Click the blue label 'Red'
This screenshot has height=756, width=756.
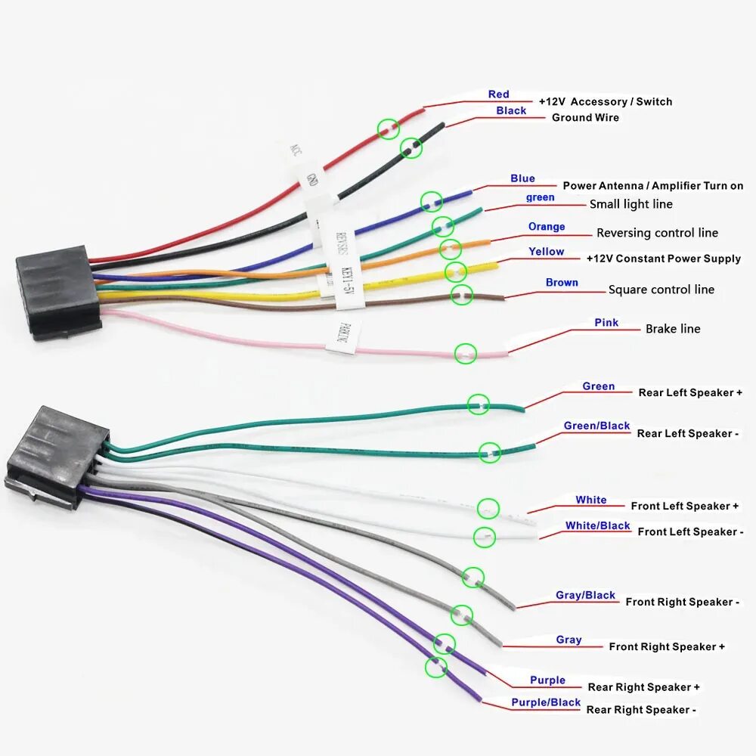[x=499, y=94]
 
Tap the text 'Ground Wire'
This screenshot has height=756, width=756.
[x=585, y=117]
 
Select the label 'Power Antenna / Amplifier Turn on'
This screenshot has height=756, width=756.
[x=653, y=186]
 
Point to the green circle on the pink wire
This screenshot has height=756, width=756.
[x=466, y=352]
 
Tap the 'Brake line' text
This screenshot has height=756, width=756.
[x=673, y=329]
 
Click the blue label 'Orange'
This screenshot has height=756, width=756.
[x=547, y=227]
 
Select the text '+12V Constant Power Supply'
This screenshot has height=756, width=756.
[x=664, y=259]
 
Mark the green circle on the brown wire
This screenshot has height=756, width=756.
[x=462, y=295]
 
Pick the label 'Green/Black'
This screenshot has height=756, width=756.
[x=596, y=426]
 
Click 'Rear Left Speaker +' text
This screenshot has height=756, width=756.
[x=690, y=392]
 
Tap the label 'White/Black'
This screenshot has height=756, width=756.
[x=597, y=525]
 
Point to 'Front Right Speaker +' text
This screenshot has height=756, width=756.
[x=667, y=646]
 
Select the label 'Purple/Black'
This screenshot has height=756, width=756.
[x=546, y=702]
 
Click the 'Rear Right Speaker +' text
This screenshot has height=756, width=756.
[x=643, y=687]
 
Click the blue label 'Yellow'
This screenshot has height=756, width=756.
[x=546, y=252]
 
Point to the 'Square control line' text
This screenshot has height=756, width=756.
[x=661, y=290]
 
